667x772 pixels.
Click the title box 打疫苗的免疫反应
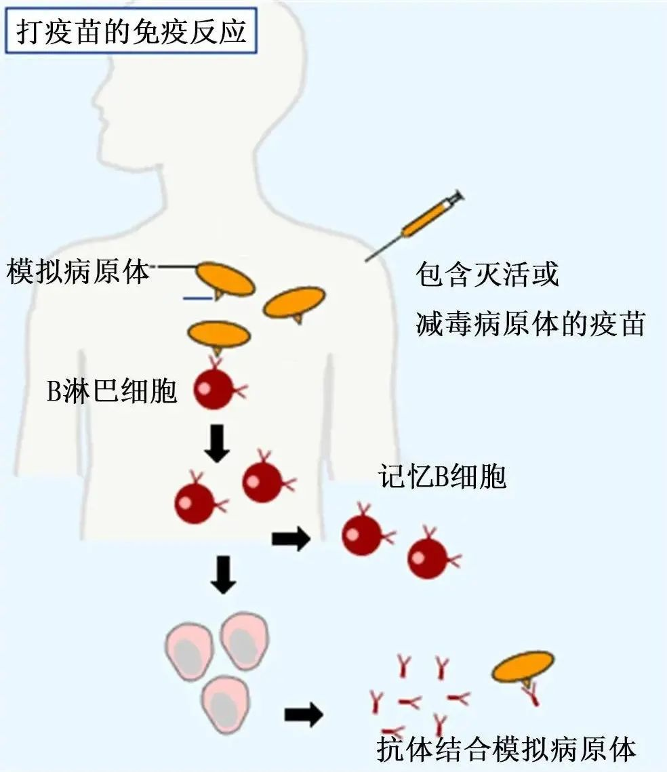tap(132, 31)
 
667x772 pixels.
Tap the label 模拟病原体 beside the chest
tap(78, 271)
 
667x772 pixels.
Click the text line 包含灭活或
tap(487, 275)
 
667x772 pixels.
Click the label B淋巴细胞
tap(112, 391)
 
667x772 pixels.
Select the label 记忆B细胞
tap(442, 476)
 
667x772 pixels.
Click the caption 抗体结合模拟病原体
tap(506, 749)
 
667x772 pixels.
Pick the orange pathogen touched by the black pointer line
tap(226, 280)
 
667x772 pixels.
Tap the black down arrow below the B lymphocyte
tap(217, 443)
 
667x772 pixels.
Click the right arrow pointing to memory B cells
tap(291, 539)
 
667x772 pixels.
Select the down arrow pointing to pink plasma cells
tap(223, 575)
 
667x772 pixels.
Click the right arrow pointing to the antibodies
tap(304, 714)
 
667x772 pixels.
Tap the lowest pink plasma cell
tap(226, 704)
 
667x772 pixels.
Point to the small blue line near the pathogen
tap(197, 298)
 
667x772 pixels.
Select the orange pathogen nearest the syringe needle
tap(294, 303)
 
